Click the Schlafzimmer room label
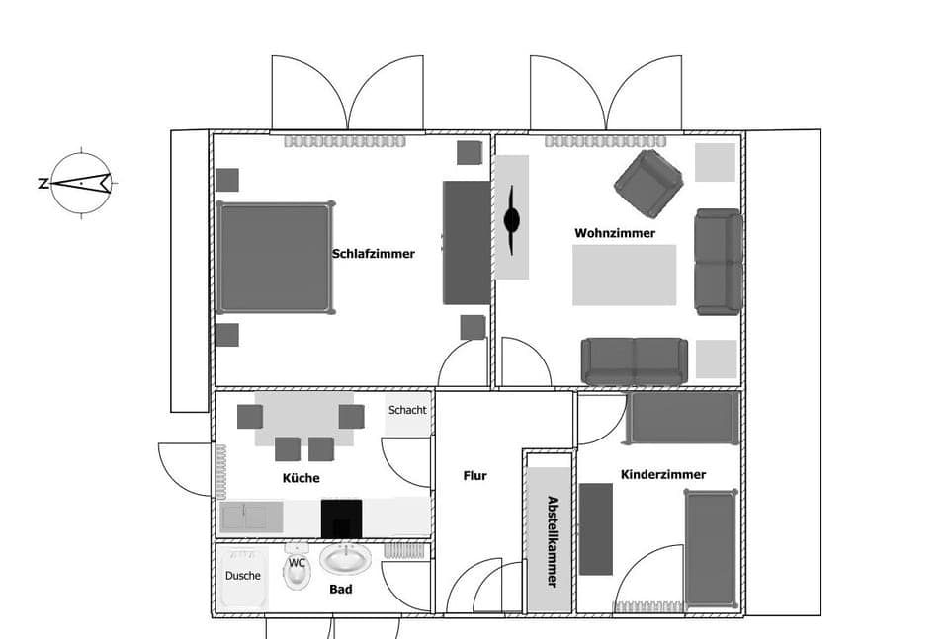click(374, 254)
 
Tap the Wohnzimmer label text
click(615, 234)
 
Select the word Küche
click(302, 478)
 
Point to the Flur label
click(475, 476)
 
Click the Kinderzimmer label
click(663, 475)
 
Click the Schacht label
click(407, 411)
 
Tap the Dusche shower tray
click(241, 576)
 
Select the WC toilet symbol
click(297, 570)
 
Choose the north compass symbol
click(81, 183)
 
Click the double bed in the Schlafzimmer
click(275, 257)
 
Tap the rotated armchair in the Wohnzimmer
click(648, 184)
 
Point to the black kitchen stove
click(341, 518)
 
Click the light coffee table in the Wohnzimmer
click(624, 275)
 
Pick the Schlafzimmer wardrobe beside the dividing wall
click(466, 242)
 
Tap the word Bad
click(341, 590)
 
